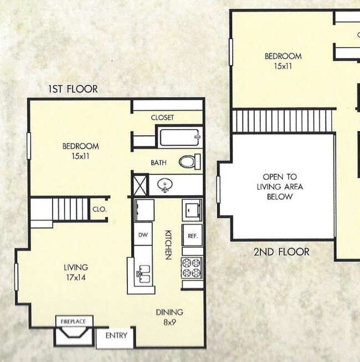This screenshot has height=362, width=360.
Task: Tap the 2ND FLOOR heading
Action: pyautogui.click(x=281, y=252)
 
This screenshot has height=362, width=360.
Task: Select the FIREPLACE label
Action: pyautogui.click(x=74, y=320)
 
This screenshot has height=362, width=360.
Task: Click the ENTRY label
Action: pyautogui.click(x=116, y=335)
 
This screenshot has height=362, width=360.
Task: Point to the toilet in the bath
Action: pyautogui.click(x=189, y=162)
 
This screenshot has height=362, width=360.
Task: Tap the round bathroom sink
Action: pyautogui.click(x=164, y=184)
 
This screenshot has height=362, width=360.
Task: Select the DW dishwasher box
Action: pyautogui.click(x=141, y=234)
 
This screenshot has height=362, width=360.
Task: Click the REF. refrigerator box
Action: pyautogui.click(x=193, y=235)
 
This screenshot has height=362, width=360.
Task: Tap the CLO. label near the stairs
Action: pyautogui.click(x=100, y=210)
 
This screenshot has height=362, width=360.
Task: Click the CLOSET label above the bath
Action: pyautogui.click(x=162, y=117)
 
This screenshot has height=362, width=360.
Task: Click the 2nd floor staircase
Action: pyautogui.click(x=282, y=120)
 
